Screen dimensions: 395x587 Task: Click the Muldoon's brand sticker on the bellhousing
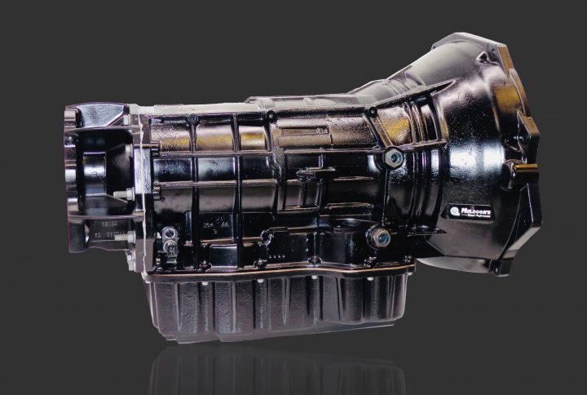(470, 211)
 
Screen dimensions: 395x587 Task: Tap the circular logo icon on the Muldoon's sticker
(456, 211)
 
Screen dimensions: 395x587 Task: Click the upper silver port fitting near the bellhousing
(393, 158)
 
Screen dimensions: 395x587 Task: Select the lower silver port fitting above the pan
(379, 237)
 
